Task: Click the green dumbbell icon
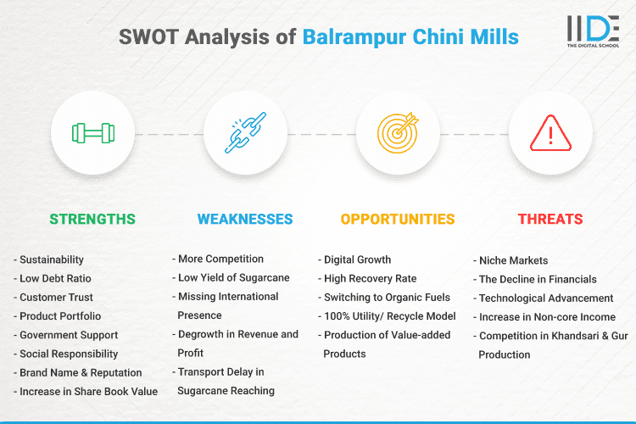point(92,133)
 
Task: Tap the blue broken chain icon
point(245,133)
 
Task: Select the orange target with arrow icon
point(398,133)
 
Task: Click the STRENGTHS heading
point(92,219)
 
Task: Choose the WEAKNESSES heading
point(245,219)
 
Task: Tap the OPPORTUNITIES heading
point(398,219)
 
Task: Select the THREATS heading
point(550,219)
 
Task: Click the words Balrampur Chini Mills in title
point(410,37)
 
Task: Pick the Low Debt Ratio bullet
point(56,278)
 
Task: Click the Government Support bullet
point(69,335)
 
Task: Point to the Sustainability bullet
point(53,259)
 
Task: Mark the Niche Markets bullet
point(513,260)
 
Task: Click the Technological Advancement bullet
point(546,298)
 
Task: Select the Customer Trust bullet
point(57,297)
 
